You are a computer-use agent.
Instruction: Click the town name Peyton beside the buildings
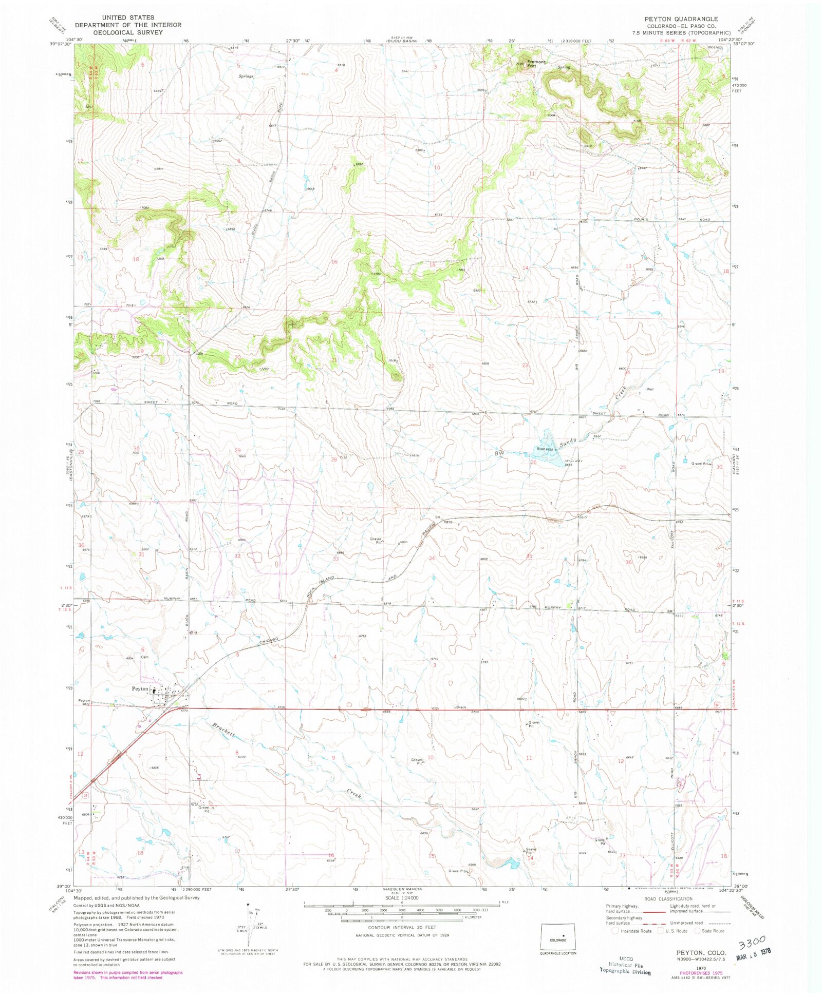pos(140,688)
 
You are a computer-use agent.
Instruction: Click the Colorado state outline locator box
pos(558,936)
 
